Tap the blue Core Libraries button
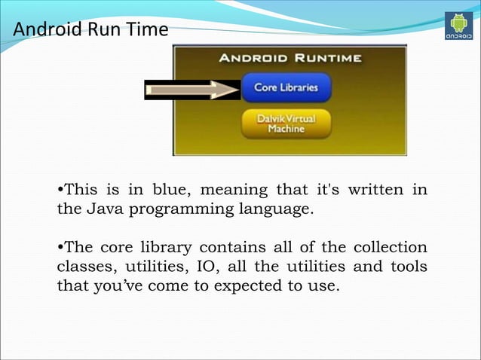pos(286,87)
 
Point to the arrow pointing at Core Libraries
pos(192,90)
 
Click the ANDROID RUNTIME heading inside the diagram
pos(290,58)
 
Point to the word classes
pos(83,267)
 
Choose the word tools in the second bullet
pos(407,267)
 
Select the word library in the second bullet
pos(165,248)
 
